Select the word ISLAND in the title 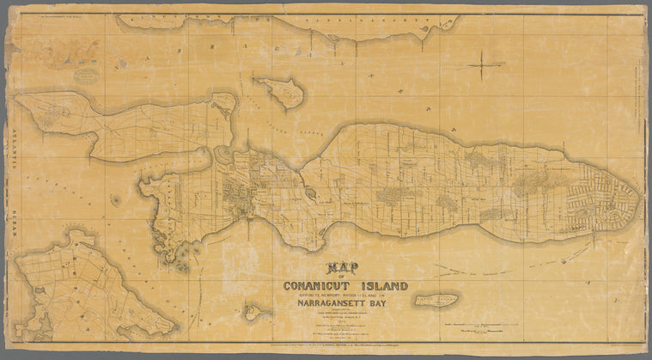tap(384, 286)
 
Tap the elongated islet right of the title tap(436, 300)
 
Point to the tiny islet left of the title tap(252, 311)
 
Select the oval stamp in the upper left tap(84, 76)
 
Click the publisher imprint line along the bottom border tap(326, 352)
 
